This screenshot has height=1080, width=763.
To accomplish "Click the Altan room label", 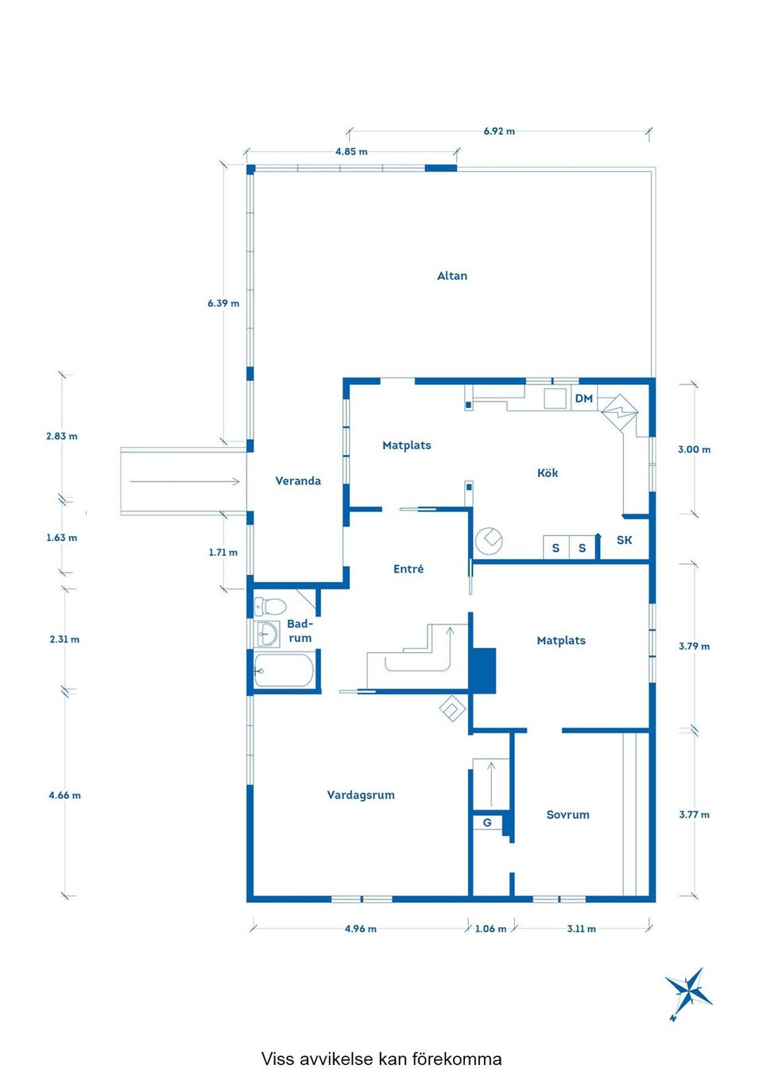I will click(x=452, y=276).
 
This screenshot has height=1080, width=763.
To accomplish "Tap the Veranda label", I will click(x=298, y=481).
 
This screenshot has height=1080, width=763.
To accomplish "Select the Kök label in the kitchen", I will click(x=548, y=473).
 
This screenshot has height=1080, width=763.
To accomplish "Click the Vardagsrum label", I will click(x=361, y=795).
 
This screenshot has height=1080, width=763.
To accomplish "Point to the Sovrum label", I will click(x=567, y=815).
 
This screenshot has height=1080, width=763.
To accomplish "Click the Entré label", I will click(x=409, y=569).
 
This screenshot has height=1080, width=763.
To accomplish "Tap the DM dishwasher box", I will click(x=584, y=398).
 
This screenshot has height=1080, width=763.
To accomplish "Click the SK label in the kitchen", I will click(x=625, y=541).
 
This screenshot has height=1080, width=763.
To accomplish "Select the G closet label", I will click(x=487, y=823).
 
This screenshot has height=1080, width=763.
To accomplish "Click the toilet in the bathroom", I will click(x=270, y=607).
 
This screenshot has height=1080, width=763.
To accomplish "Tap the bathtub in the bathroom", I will click(x=284, y=670).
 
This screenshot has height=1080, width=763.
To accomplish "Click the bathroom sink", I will click(x=268, y=635).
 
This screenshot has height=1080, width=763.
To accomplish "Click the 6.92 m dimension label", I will click(x=499, y=131).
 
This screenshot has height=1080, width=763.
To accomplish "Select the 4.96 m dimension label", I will click(x=361, y=929).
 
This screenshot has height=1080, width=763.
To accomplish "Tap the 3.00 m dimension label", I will click(x=694, y=450).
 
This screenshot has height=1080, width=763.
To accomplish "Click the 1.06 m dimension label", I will click(x=490, y=929).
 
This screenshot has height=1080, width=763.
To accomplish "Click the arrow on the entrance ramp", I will click(x=184, y=481).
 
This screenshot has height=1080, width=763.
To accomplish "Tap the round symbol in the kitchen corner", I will click(x=489, y=542).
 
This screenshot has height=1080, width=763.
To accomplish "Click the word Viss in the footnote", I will click(x=277, y=1059).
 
